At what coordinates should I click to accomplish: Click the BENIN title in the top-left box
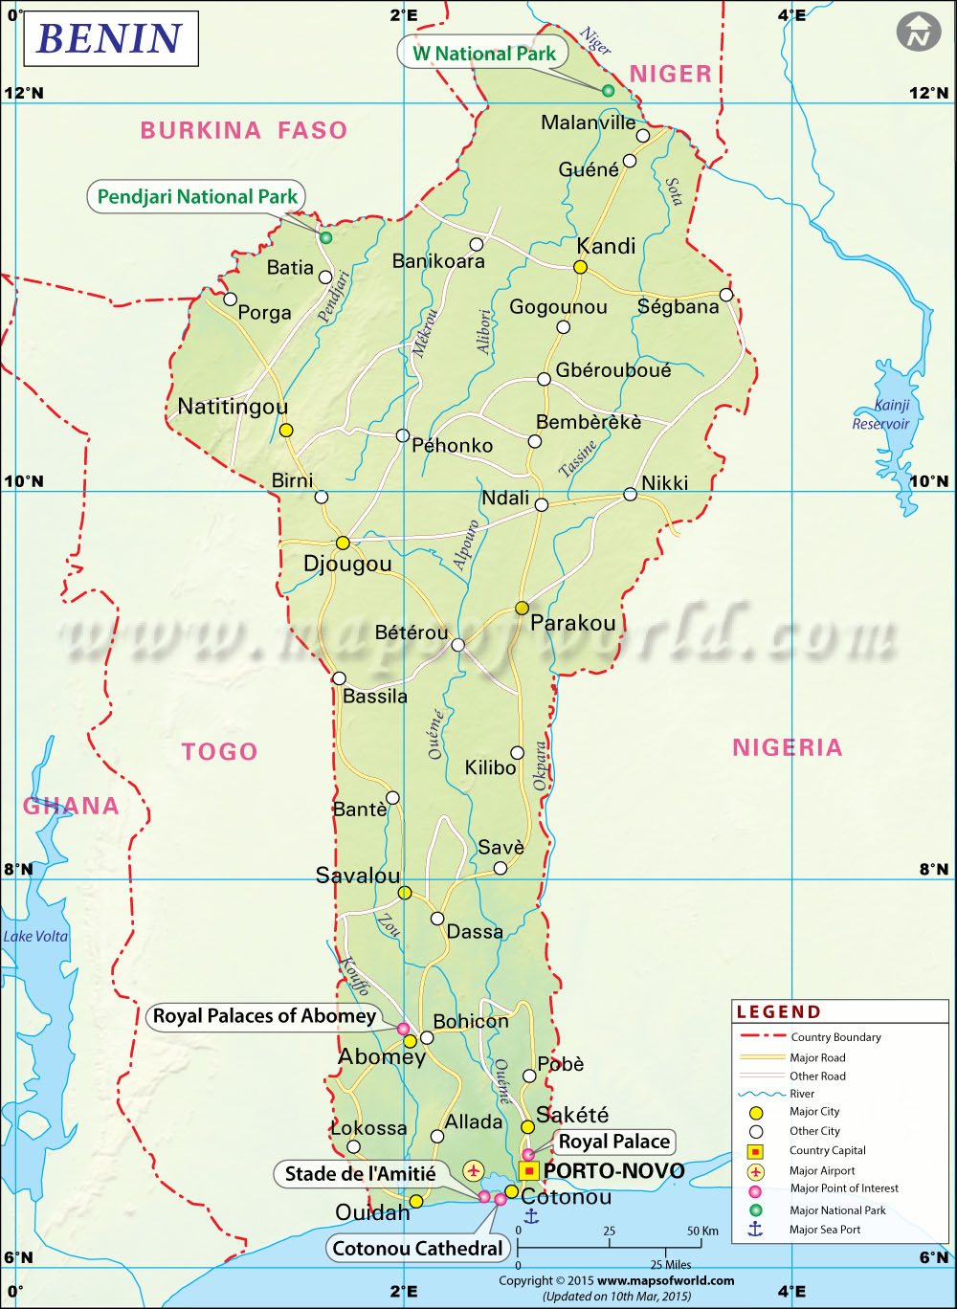coord(109,38)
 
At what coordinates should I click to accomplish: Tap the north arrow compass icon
coord(919,33)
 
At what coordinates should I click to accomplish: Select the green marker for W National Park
coord(608,91)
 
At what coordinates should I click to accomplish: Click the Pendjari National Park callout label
coord(197,197)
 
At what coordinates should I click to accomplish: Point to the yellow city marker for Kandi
coord(580,268)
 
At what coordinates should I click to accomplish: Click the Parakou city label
coord(572,623)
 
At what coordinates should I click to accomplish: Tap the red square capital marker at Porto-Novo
coord(529,1170)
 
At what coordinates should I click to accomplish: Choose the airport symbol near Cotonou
coord(474,1169)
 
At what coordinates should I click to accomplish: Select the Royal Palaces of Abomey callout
coord(264,1016)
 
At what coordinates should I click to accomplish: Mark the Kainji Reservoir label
coord(881,414)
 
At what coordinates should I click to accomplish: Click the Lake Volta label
coord(35,936)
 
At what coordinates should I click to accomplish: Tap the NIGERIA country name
coord(787,747)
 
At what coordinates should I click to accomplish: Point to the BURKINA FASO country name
coord(244,130)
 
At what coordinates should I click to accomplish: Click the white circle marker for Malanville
coord(643,136)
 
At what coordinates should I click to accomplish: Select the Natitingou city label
coord(233,407)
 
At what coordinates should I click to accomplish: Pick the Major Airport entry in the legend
coord(822,1170)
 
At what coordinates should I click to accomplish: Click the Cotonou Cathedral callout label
coord(417,1248)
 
